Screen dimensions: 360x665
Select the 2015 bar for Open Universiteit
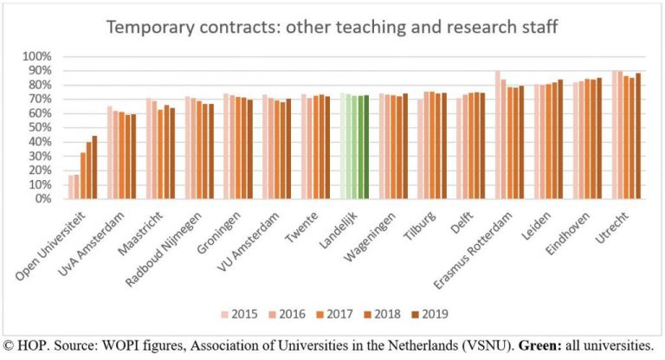coord(70,187)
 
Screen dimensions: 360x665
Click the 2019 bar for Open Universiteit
coord(94,167)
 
